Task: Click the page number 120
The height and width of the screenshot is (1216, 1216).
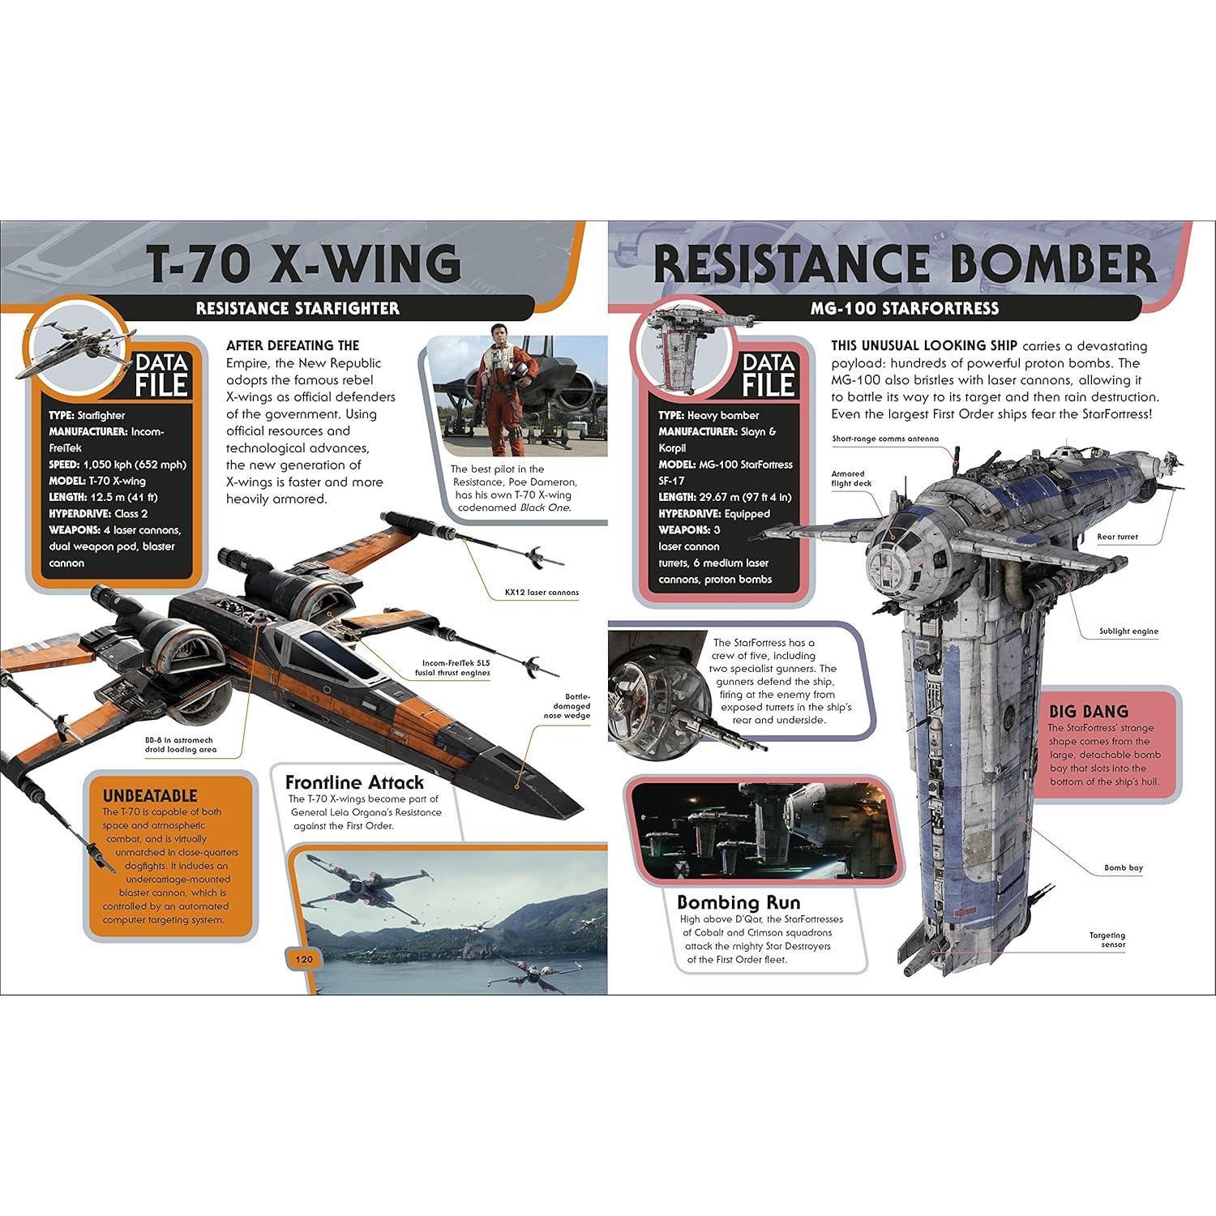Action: (x=303, y=960)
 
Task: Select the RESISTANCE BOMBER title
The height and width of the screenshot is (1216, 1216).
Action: (x=904, y=263)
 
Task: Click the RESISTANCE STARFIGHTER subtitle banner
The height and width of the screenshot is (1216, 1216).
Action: (x=298, y=308)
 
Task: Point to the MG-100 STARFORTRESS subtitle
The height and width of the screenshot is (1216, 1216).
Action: (x=904, y=308)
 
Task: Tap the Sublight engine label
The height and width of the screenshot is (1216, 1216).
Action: (x=1128, y=631)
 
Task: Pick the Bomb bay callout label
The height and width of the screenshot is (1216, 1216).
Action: (x=1123, y=868)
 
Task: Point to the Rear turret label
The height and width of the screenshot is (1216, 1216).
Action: (x=1117, y=537)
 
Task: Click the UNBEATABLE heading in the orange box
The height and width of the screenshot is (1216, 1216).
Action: (x=150, y=795)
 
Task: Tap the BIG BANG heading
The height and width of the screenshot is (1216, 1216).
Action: (x=1088, y=711)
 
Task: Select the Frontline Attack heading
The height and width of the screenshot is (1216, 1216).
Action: (x=354, y=782)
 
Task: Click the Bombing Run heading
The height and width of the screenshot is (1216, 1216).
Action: (x=739, y=902)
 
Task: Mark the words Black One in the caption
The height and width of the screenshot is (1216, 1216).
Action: (x=548, y=507)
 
